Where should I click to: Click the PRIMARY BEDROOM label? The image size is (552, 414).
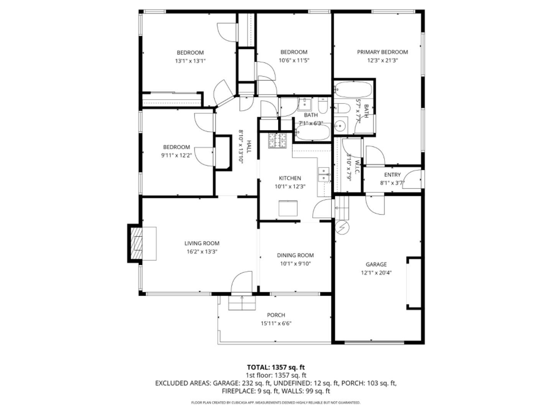382,52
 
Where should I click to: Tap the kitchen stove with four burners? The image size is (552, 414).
278,140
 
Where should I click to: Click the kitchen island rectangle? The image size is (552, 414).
287,209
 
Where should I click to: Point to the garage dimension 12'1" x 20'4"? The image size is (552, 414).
376,273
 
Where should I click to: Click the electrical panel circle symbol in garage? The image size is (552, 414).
342,228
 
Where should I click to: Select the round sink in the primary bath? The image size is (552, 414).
340,125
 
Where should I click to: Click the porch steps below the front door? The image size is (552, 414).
242,303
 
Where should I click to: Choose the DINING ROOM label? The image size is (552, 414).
295,255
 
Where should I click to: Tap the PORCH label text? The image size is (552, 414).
276,315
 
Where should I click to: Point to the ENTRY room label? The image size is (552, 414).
392,175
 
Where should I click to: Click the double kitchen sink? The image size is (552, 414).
324,174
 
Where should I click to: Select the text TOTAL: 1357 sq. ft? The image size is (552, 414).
276,367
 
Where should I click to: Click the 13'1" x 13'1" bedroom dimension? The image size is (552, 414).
190,61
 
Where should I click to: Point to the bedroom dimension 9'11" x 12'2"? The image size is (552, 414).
177,155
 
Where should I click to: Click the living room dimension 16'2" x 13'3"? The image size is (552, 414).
202,251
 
